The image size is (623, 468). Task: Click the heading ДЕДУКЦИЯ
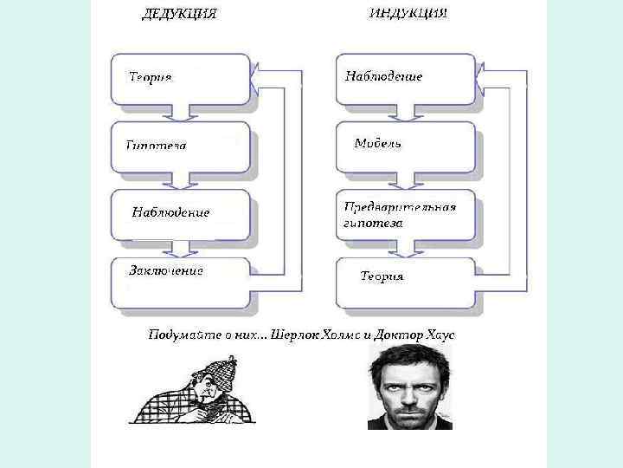coord(179,14)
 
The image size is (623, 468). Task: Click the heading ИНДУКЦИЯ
coord(408,14)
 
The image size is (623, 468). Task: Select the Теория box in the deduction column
coord(181,81)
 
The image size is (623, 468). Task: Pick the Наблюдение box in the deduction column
coord(181,213)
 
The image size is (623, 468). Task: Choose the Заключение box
coord(181,283)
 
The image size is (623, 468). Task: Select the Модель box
coord(405,146)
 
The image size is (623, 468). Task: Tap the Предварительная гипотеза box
coord(405,214)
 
